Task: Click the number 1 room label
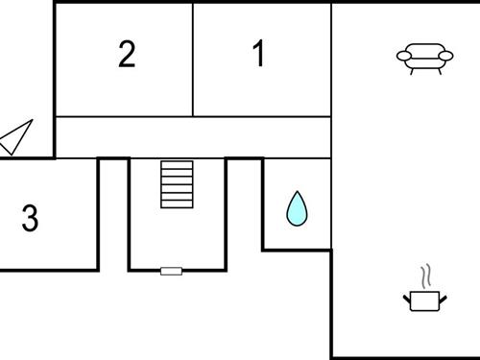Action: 258,54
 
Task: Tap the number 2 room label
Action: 127,54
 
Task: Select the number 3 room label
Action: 30,218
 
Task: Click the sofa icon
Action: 424,58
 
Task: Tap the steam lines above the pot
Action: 425,277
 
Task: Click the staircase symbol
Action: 177,183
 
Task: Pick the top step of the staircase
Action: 177,164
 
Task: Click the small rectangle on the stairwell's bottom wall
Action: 171,271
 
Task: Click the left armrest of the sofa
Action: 401,56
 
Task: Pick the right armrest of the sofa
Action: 447,56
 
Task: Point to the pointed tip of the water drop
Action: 297,193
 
